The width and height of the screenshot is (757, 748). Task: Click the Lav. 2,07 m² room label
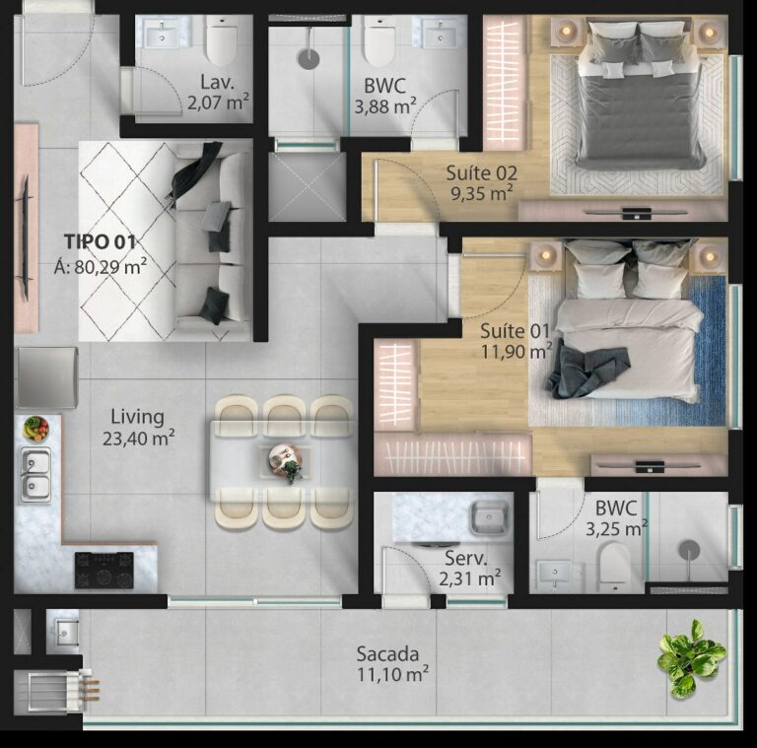[x=217, y=91]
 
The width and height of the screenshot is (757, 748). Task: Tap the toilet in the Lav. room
[x=222, y=42]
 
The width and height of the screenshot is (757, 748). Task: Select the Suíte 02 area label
[x=481, y=182]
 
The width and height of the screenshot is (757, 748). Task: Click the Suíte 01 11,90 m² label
[x=516, y=340]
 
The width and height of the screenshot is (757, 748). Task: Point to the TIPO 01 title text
[x=100, y=241]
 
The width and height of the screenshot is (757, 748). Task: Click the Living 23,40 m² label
[x=138, y=427]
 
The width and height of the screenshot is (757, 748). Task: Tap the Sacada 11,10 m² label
[x=391, y=663]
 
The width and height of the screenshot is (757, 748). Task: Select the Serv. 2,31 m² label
[x=469, y=568]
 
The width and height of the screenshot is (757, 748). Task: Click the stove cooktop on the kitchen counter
[x=103, y=570]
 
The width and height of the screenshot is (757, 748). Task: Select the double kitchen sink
[x=36, y=474]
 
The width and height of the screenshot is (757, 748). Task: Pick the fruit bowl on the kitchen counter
[x=36, y=428]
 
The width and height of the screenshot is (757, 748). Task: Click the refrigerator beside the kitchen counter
[x=45, y=377]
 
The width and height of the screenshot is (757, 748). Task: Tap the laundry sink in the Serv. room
[x=485, y=517]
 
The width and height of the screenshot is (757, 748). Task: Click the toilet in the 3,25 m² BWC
[x=614, y=568]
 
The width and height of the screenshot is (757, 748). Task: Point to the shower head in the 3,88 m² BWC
[x=309, y=58]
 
